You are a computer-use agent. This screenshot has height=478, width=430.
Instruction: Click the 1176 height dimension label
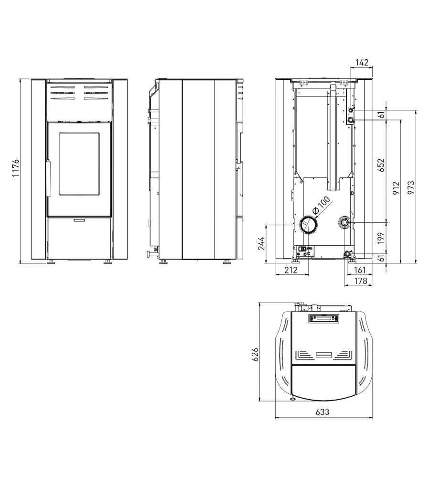tap(16, 168)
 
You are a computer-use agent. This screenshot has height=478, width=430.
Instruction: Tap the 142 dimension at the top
tap(362, 63)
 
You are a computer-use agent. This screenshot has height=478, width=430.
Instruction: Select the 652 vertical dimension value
tap(381, 165)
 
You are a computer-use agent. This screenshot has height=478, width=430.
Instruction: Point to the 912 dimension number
tap(396, 188)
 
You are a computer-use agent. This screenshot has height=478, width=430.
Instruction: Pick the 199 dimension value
tap(381, 238)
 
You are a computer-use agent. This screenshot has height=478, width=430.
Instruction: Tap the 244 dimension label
tap(262, 243)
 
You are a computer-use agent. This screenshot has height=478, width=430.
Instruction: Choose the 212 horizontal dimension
tap(291, 270)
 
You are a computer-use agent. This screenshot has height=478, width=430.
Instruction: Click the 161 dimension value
tap(360, 270)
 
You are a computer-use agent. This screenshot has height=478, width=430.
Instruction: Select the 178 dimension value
tap(361, 281)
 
